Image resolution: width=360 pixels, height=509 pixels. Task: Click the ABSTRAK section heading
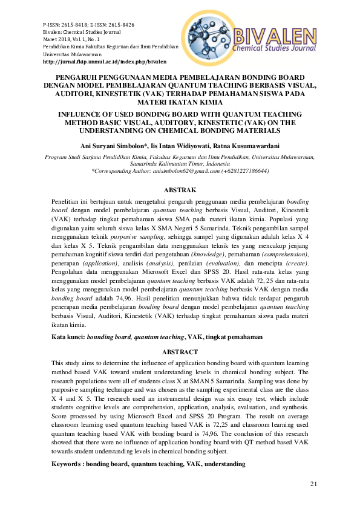[x=180, y=189]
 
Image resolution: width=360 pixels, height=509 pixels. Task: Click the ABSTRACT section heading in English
[x=180, y=352]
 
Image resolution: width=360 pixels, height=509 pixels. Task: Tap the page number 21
[x=313, y=484]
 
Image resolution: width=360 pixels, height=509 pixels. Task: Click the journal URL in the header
[x=103, y=62]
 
